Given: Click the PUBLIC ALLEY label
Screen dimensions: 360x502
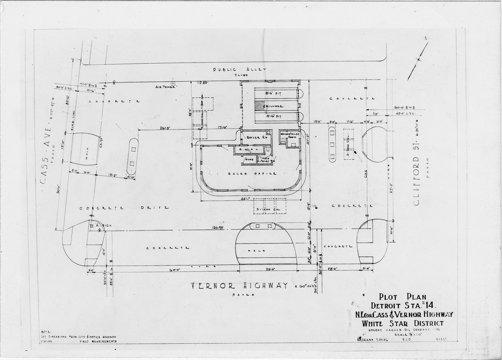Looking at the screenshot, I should click(239, 69).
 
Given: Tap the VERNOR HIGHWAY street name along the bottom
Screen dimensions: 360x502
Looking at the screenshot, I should click(240, 286).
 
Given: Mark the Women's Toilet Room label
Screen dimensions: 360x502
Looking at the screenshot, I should click(290, 136).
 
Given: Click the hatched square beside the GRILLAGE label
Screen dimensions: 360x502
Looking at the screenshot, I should click(259, 106).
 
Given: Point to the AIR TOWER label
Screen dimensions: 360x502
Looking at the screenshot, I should click(163, 87).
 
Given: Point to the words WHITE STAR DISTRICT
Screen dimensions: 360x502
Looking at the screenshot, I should click(402, 323).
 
